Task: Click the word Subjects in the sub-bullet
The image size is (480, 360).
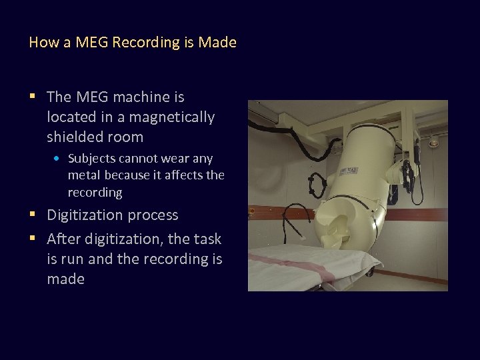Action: click(91, 159)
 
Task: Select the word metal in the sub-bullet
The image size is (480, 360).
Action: click(83, 175)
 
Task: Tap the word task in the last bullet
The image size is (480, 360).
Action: click(207, 239)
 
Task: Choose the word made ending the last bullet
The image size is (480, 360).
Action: click(65, 279)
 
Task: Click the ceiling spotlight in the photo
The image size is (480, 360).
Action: click(434, 141)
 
